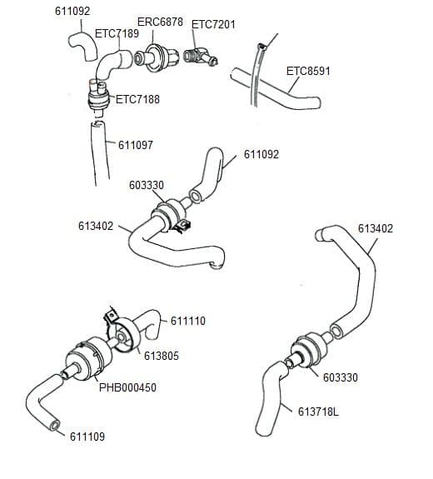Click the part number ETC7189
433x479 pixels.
(117, 33)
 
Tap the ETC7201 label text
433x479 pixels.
(213, 24)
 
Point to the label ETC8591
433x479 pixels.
(308, 71)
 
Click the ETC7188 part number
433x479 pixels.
(137, 100)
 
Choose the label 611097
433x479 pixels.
(135, 145)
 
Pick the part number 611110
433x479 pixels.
(188, 321)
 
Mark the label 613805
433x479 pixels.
(162, 356)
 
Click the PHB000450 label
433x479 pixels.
(127, 387)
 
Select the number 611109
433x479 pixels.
(87, 437)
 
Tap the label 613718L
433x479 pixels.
(318, 412)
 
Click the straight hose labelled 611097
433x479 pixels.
(99, 154)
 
